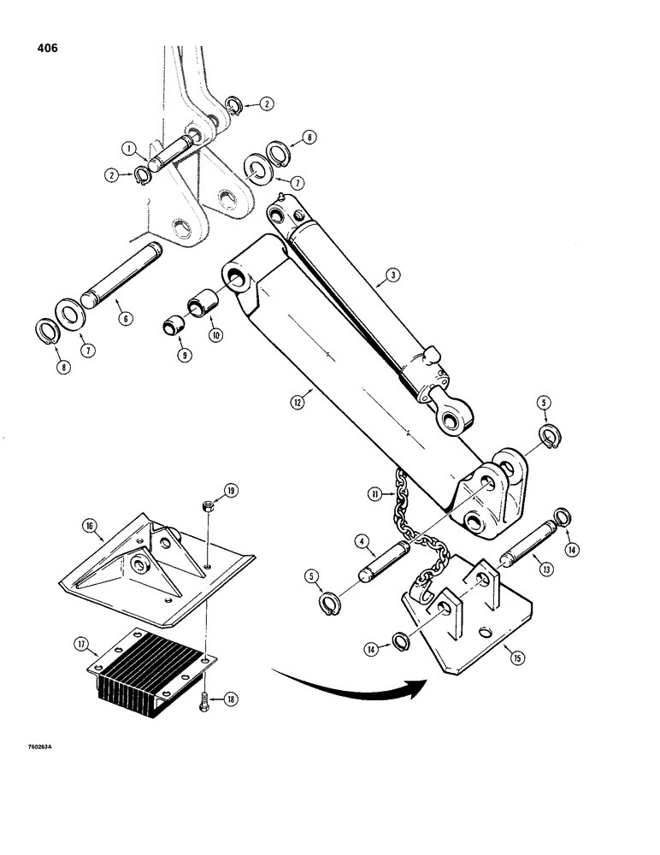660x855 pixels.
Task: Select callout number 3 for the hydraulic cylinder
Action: [x=392, y=274]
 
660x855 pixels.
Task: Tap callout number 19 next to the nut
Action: [x=233, y=490]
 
